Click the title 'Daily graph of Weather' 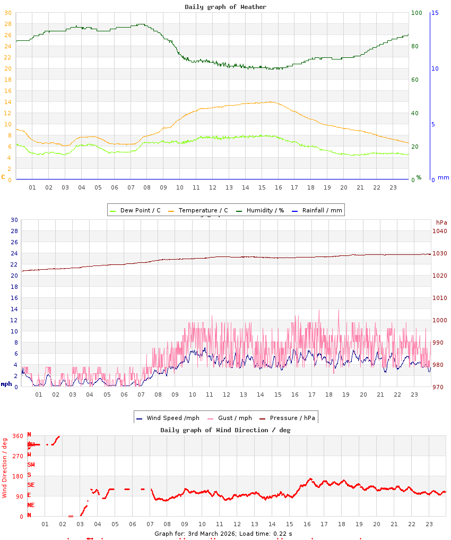tap(226, 7)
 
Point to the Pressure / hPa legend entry tap(292, 418)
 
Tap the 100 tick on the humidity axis tap(417, 13)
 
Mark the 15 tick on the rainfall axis tap(435, 13)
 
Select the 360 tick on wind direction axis tap(18, 436)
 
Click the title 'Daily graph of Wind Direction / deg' tap(226, 430)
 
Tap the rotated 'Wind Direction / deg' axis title tap(5, 467)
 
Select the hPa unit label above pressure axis tap(441, 222)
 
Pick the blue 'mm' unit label tap(443, 177)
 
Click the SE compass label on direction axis tap(31, 485)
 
